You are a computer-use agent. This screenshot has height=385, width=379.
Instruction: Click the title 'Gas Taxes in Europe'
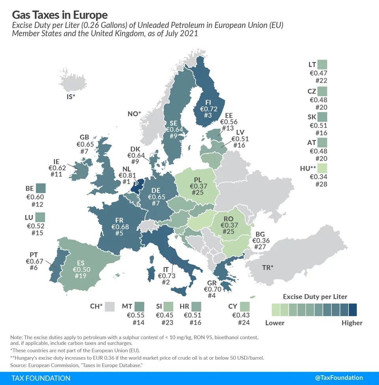[60, 15]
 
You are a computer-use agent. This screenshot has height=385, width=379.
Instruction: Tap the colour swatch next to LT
[322, 65]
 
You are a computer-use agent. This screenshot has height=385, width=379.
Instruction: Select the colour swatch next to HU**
[322, 169]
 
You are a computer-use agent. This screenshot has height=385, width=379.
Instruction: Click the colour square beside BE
[41, 189]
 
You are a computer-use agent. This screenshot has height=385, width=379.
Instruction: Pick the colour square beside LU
[40, 217]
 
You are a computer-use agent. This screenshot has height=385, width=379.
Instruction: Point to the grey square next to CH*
[110, 306]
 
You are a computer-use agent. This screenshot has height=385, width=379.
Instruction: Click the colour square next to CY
[245, 306]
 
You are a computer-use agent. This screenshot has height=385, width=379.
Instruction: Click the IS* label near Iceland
[71, 96]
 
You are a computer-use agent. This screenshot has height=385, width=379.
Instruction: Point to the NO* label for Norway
[134, 114]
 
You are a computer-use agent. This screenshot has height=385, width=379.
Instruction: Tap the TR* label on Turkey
[268, 268]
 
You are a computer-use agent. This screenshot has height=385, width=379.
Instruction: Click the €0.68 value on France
[120, 227]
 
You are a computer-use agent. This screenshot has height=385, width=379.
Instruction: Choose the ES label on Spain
[80, 262]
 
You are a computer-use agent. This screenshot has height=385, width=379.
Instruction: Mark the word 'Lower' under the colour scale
[275, 323]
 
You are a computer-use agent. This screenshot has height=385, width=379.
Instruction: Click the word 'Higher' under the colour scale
[352, 323]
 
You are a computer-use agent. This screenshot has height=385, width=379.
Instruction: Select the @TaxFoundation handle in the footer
[339, 378]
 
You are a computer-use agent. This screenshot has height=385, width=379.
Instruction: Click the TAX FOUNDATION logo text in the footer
[41, 378]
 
